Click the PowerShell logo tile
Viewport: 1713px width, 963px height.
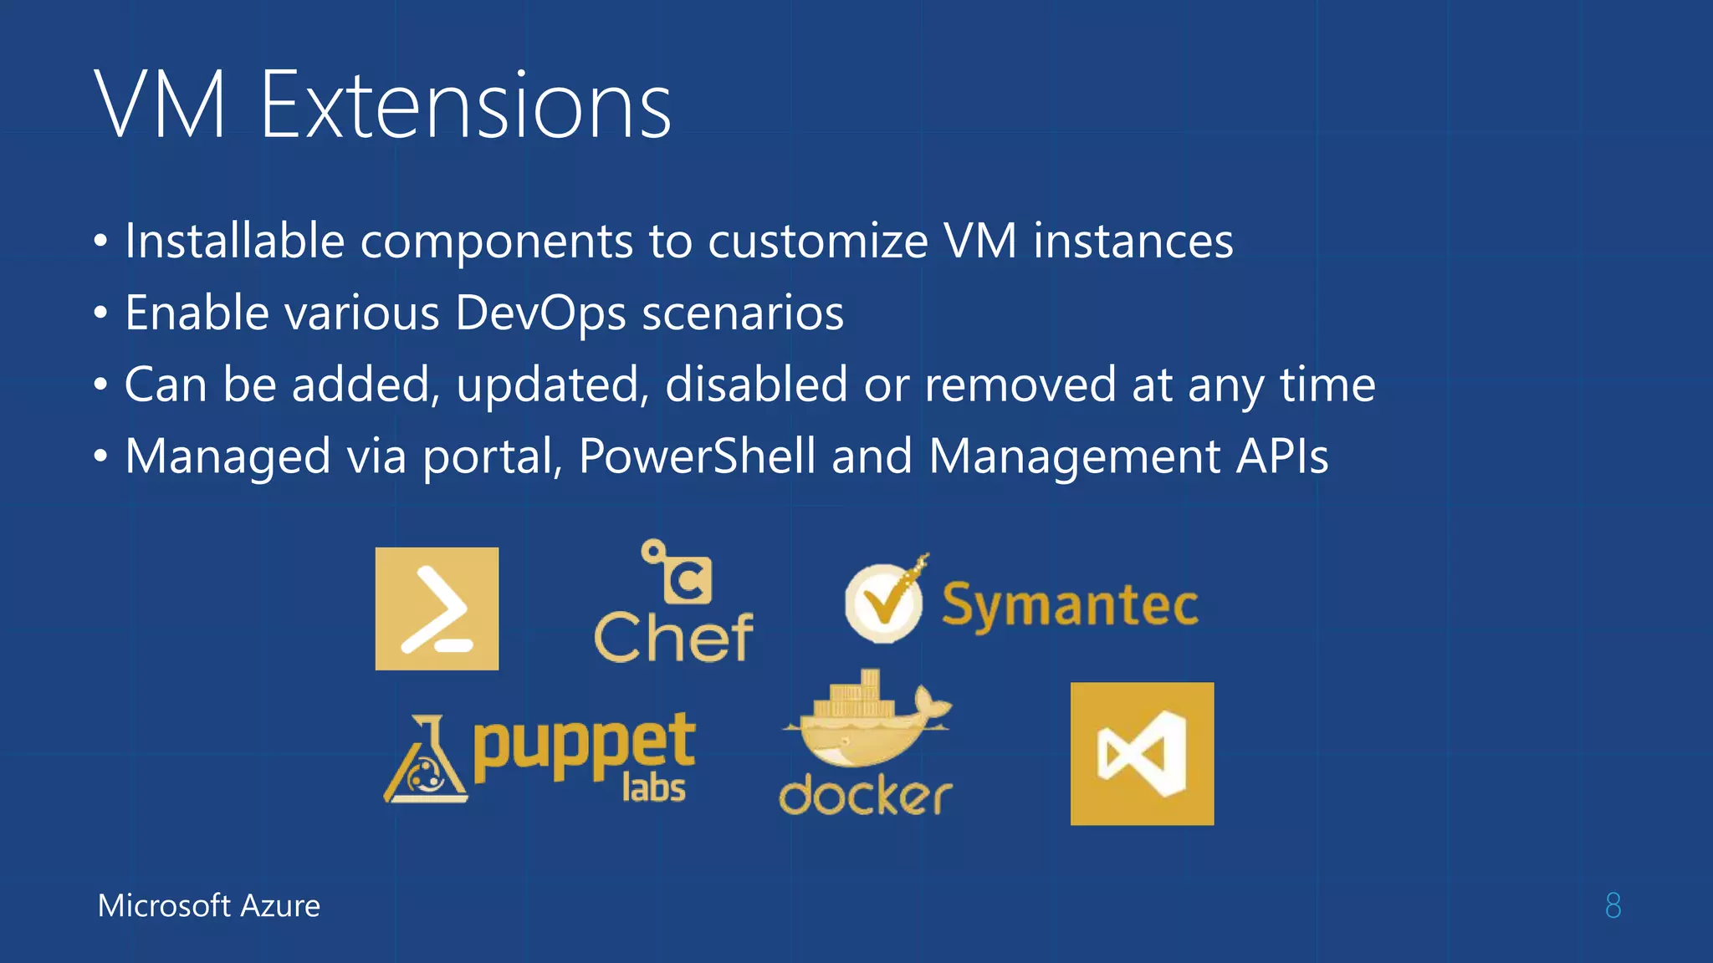(x=437, y=609)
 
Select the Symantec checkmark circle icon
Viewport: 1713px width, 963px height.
(x=884, y=602)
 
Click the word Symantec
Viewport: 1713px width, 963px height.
(x=1070, y=605)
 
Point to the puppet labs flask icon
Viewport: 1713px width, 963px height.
(x=426, y=762)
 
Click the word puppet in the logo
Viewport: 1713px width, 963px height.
(x=584, y=743)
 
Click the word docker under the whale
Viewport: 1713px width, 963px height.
(x=866, y=795)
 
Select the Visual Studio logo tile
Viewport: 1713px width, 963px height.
(x=1142, y=754)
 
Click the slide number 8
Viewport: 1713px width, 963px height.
(x=1613, y=905)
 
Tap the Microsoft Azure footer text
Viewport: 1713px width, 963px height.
(x=209, y=905)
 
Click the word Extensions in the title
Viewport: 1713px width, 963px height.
(x=466, y=106)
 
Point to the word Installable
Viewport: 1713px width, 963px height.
(x=235, y=241)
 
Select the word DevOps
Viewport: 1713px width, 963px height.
(x=540, y=313)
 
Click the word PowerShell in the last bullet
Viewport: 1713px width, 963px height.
(x=697, y=456)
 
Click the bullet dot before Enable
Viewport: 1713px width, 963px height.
(x=101, y=313)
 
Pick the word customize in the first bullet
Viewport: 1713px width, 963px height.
(x=818, y=241)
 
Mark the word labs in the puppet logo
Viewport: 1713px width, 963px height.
(x=654, y=787)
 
